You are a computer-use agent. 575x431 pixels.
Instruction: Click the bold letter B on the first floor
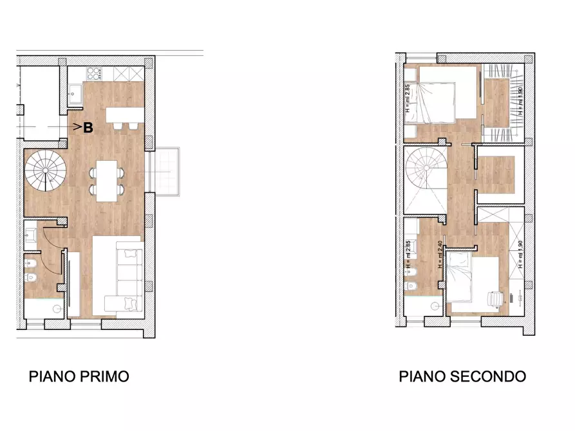point(88,127)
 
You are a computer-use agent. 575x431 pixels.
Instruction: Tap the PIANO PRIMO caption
point(79,376)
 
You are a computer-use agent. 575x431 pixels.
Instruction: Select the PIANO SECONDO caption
point(462,376)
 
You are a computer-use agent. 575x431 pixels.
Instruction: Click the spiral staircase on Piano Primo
point(46,170)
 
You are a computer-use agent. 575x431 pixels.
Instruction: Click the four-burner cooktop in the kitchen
point(94,73)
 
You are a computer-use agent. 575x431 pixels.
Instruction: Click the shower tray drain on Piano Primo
point(58,308)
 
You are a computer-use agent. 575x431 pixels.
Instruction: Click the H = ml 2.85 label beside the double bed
point(408,98)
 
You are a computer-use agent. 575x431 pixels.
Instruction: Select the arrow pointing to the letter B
point(75,127)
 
